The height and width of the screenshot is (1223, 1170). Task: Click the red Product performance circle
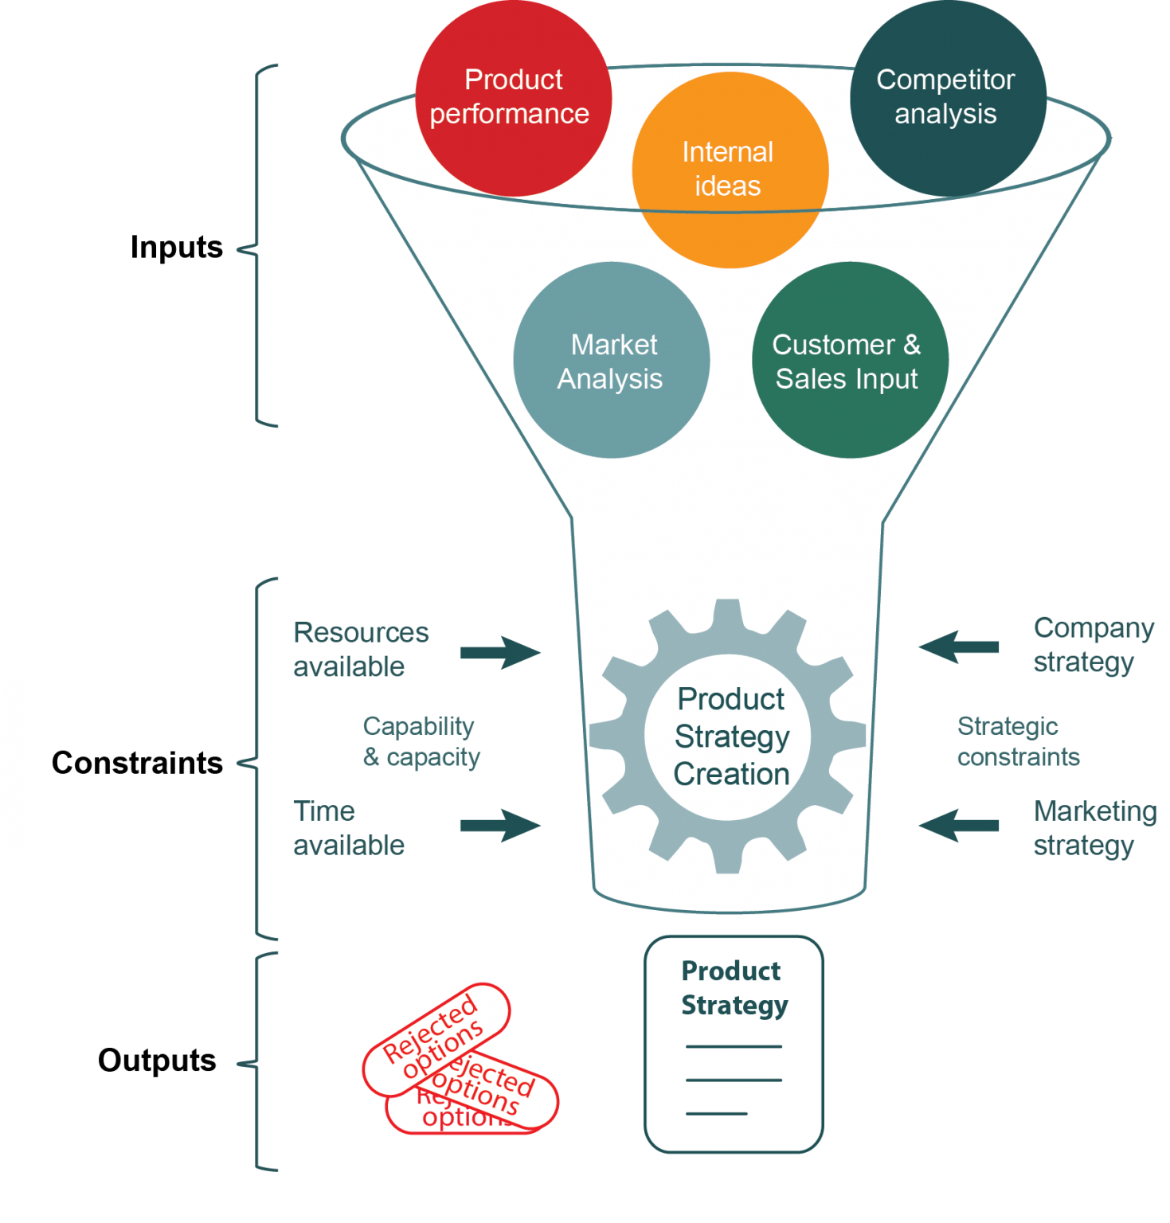tap(513, 97)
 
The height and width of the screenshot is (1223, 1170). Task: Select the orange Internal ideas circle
tap(730, 170)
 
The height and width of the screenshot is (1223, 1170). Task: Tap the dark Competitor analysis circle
tap(947, 97)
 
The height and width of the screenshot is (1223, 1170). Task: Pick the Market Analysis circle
tap(611, 361)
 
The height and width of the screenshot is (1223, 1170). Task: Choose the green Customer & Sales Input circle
tap(849, 361)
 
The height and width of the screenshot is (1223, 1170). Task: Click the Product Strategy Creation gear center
tap(730, 737)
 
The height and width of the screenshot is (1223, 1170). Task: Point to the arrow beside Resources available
tap(499, 653)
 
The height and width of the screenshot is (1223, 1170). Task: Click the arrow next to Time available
tap(499, 825)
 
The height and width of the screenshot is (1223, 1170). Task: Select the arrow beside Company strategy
tap(959, 647)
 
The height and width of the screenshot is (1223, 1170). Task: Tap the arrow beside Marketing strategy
tap(959, 826)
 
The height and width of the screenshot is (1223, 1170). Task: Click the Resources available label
tap(360, 649)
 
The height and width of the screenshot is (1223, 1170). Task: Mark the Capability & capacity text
tap(421, 741)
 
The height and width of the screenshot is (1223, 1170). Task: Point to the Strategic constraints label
tap(1017, 741)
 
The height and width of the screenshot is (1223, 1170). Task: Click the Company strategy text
tap(1093, 645)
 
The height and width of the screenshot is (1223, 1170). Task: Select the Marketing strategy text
tap(1094, 828)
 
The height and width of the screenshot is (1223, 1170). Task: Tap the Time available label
tap(348, 828)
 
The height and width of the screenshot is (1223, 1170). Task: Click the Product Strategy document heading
tap(734, 988)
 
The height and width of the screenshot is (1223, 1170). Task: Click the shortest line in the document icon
tap(717, 1113)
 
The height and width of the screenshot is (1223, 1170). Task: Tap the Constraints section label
tap(137, 763)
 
